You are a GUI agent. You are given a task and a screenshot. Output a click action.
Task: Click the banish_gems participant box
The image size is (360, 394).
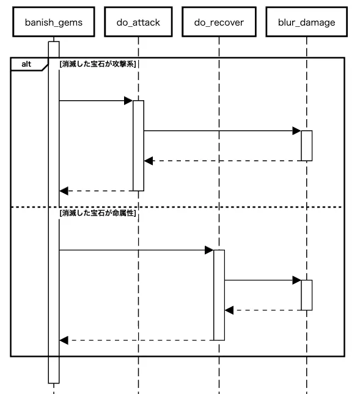(54, 22)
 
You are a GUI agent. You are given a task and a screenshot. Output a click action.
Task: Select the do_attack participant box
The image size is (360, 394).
(138, 22)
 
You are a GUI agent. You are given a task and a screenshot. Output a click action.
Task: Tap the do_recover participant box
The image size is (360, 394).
(219, 22)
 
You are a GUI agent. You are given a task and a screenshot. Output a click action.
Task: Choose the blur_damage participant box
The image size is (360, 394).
(306, 22)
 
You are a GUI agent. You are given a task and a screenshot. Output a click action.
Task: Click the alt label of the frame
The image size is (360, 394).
(26, 64)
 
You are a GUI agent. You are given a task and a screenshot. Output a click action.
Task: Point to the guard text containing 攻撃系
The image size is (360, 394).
(98, 64)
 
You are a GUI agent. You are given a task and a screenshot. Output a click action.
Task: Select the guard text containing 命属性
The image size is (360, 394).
(98, 213)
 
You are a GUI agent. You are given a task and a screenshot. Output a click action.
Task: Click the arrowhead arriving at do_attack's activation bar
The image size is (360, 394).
(128, 101)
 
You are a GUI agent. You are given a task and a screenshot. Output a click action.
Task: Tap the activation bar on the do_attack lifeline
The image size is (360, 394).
(138, 146)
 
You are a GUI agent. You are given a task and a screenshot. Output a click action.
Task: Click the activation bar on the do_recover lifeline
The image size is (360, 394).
(219, 295)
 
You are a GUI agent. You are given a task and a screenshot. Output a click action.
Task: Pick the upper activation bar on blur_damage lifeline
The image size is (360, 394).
(307, 146)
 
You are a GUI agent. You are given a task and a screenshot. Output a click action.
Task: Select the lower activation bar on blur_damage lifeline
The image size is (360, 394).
(307, 295)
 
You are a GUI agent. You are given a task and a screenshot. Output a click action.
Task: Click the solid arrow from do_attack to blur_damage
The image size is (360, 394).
(222, 131)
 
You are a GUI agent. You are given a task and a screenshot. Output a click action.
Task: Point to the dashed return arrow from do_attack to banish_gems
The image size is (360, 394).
(96, 191)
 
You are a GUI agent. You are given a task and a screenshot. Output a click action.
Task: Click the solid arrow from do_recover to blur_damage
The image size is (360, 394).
(263, 280)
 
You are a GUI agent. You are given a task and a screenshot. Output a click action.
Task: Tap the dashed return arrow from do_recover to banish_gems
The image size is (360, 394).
(136, 340)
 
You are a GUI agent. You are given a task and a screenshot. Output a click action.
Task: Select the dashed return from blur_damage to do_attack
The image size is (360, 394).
(222, 161)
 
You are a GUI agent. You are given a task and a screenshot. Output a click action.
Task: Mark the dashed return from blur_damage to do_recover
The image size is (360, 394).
(263, 310)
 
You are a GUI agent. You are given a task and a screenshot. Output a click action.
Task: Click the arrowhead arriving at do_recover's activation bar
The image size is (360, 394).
(209, 250)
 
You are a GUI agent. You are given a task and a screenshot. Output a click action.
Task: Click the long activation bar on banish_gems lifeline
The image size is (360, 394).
(54, 213)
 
